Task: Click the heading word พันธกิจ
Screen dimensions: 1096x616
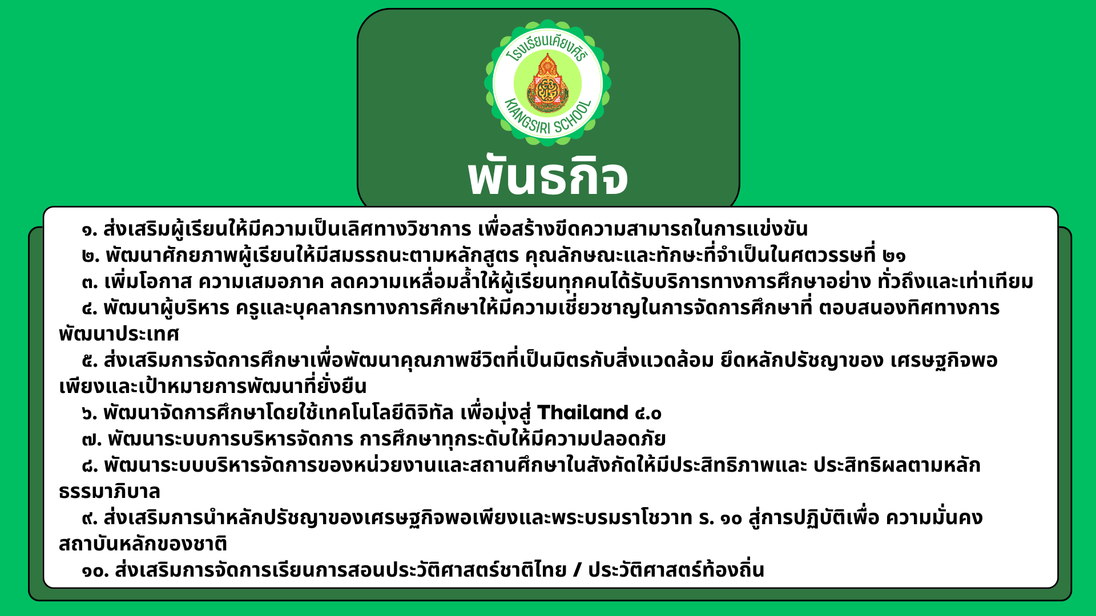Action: tap(548, 176)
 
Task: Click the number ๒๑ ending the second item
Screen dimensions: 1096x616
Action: tap(893, 256)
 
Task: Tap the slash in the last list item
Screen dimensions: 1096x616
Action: tap(577, 570)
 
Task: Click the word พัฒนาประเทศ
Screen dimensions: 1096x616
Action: tap(119, 334)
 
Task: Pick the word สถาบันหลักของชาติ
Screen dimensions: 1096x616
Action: tap(143, 544)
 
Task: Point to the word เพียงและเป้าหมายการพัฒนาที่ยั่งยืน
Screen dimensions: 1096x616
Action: tap(213, 386)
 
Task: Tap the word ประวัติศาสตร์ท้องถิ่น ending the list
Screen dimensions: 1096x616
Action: tap(676, 570)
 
